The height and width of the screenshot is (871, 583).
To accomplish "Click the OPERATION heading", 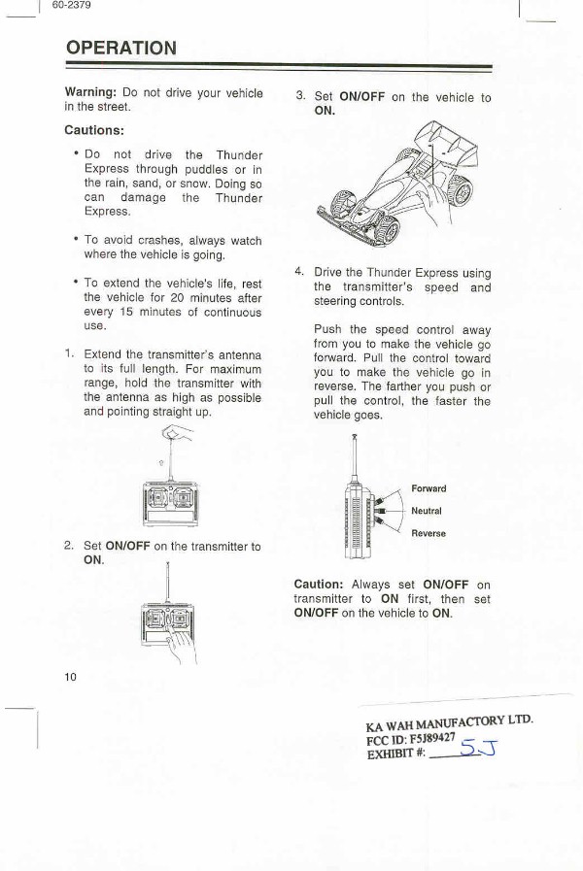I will tap(120, 48).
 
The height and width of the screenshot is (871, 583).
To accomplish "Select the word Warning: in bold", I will tap(90, 92).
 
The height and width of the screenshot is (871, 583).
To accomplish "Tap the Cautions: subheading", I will tap(93, 130).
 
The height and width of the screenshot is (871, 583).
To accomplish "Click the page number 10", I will tap(70, 676).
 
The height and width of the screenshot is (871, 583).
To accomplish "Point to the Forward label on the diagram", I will tap(429, 488).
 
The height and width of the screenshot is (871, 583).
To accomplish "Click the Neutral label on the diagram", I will tap(427, 511).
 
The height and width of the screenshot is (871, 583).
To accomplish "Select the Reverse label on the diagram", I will tap(429, 533).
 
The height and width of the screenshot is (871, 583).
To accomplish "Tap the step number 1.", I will tap(68, 353).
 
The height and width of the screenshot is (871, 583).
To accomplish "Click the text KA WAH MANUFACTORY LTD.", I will tap(450, 723).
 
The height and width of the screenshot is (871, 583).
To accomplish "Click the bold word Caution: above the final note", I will tap(319, 585).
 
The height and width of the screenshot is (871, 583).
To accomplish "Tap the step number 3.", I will tap(300, 96).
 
